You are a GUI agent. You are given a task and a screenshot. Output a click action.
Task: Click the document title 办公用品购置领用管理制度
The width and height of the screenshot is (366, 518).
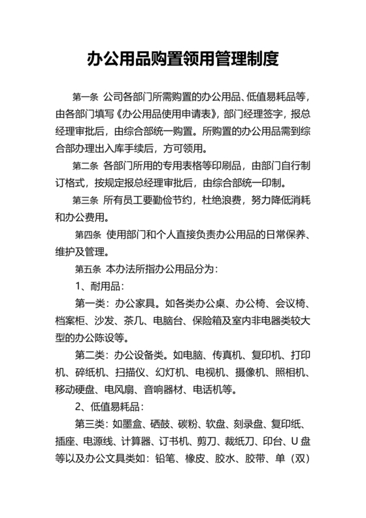coord(183,60)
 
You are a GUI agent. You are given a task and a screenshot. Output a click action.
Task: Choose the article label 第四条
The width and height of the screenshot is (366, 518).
coord(88,234)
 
